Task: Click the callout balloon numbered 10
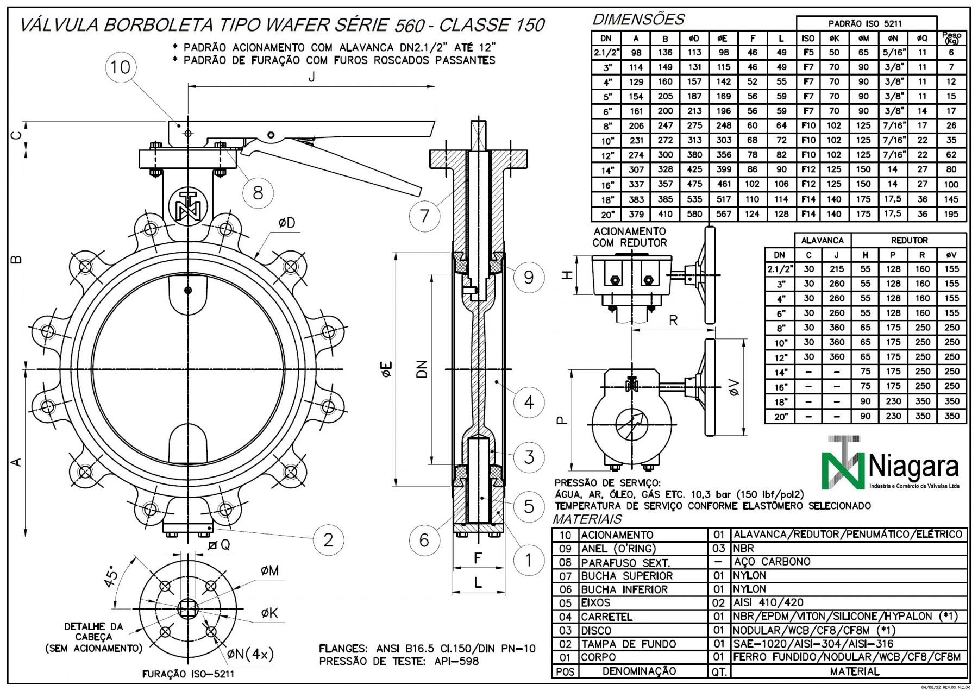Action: click(121, 67)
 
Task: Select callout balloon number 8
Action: click(258, 192)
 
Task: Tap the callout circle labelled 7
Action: click(424, 216)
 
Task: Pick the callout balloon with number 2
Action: click(328, 539)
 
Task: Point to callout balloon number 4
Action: click(529, 403)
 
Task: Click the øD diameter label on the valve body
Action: click(286, 223)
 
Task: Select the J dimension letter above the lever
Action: click(311, 77)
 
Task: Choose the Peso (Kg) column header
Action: click(951, 38)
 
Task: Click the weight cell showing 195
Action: click(951, 214)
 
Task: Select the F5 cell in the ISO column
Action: click(808, 53)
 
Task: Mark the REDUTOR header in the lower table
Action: click(909, 240)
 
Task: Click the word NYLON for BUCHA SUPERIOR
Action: click(749, 575)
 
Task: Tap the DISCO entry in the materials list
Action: click(596, 631)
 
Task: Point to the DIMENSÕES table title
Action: click(638, 20)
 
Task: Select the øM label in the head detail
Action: click(269, 570)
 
